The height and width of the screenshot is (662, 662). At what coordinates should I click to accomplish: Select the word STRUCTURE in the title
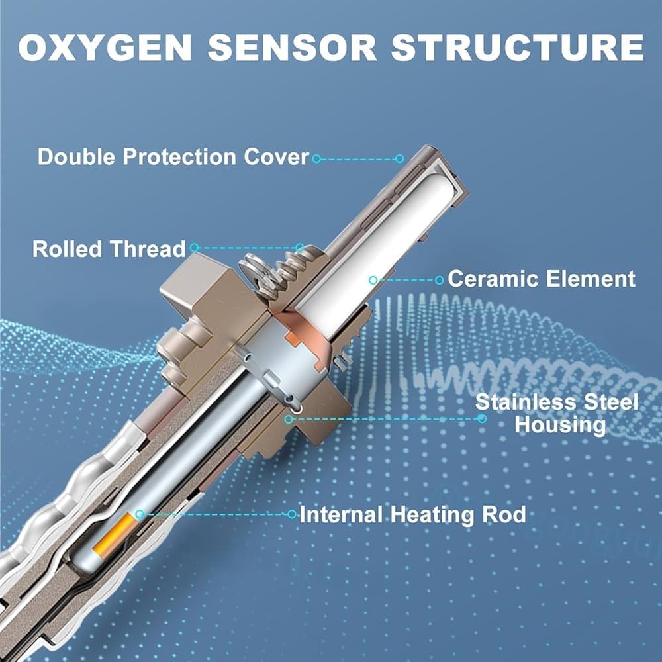click(517, 47)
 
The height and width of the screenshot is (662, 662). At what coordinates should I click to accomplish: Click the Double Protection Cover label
click(173, 157)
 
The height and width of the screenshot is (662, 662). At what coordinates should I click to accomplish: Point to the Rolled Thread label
click(109, 249)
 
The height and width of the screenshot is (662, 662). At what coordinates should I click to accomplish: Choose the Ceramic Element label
click(542, 279)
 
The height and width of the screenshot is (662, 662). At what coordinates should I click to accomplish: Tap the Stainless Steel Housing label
click(557, 413)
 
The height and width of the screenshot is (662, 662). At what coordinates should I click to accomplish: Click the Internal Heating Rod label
click(412, 514)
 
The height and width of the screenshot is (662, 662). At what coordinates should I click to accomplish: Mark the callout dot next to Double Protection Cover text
click(316, 158)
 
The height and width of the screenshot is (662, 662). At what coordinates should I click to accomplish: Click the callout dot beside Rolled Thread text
click(194, 248)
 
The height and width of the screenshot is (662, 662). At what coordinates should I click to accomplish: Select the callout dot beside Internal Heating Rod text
click(292, 514)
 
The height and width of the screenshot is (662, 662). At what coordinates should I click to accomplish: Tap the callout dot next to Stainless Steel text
click(482, 418)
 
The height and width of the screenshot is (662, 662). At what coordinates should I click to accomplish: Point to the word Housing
click(560, 425)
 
